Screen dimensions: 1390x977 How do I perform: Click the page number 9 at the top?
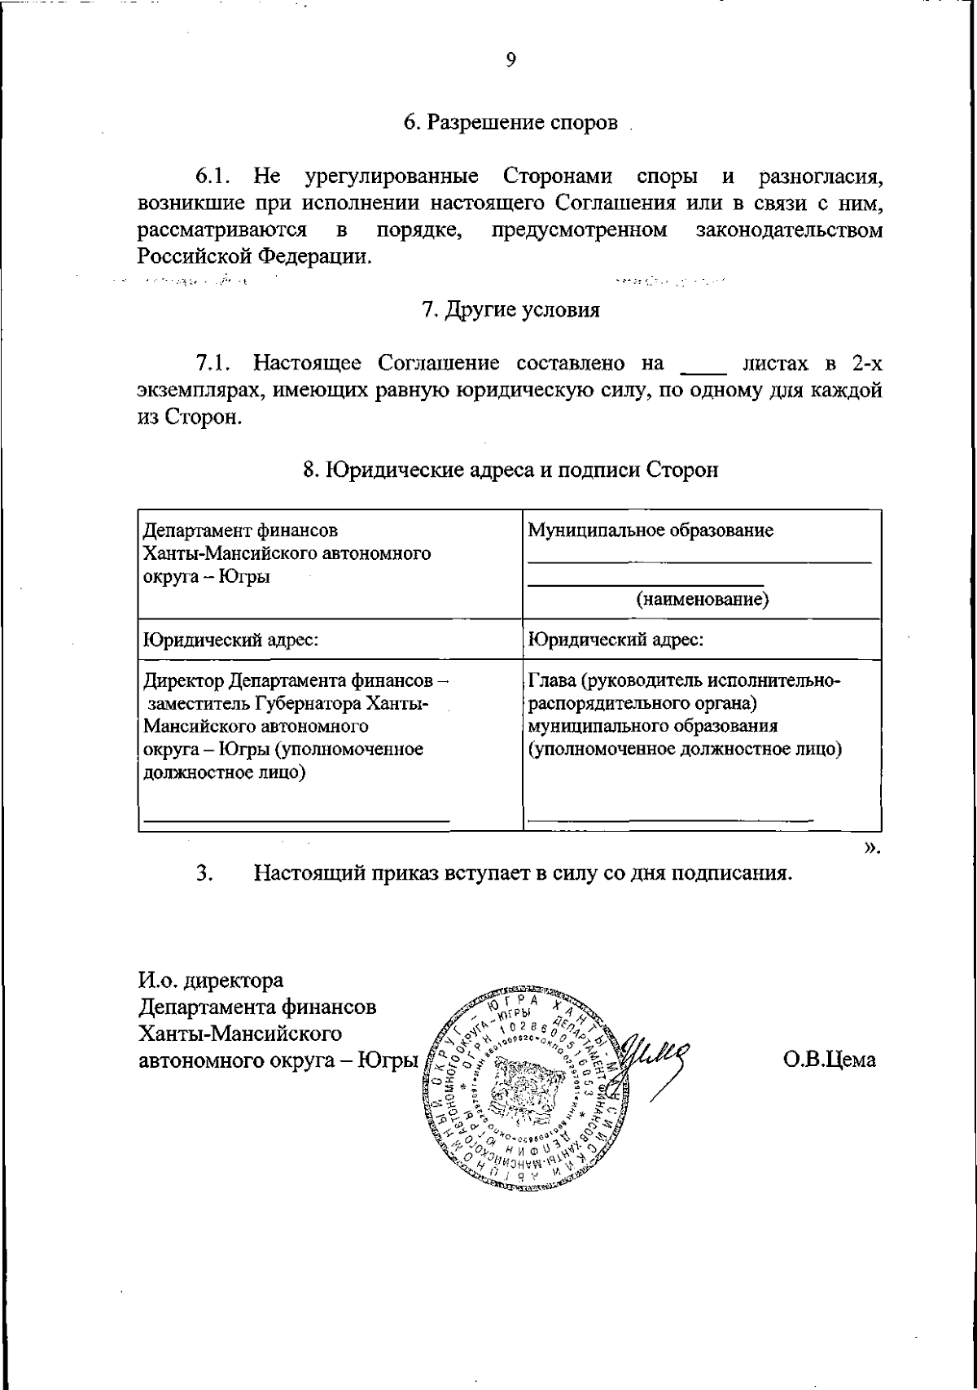510,60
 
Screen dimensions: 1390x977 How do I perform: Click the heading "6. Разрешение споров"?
510,123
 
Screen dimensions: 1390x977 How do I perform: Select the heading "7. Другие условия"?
510,310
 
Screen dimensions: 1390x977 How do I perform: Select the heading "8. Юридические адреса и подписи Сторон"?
510,470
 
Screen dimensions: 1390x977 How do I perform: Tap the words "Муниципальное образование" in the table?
651,531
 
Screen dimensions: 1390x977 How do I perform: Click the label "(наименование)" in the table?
714,600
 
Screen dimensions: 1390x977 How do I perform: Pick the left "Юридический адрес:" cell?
230,640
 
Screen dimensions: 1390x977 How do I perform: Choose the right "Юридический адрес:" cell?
616,640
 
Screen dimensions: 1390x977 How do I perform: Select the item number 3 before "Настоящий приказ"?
204,874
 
